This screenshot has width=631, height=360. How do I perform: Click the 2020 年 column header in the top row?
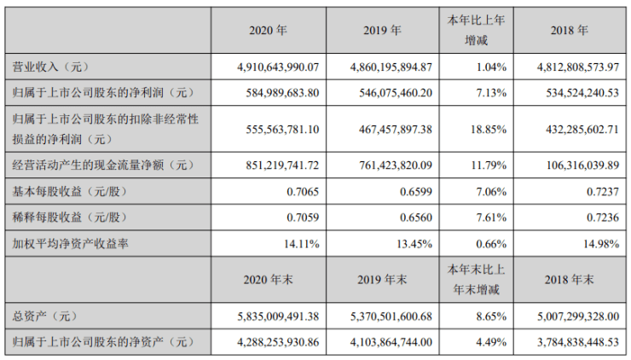269,30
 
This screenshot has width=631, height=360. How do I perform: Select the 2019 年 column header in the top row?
382,30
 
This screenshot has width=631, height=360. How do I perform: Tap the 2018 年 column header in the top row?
570,30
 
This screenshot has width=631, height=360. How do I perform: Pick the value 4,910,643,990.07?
269,66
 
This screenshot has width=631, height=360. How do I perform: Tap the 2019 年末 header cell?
382,279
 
